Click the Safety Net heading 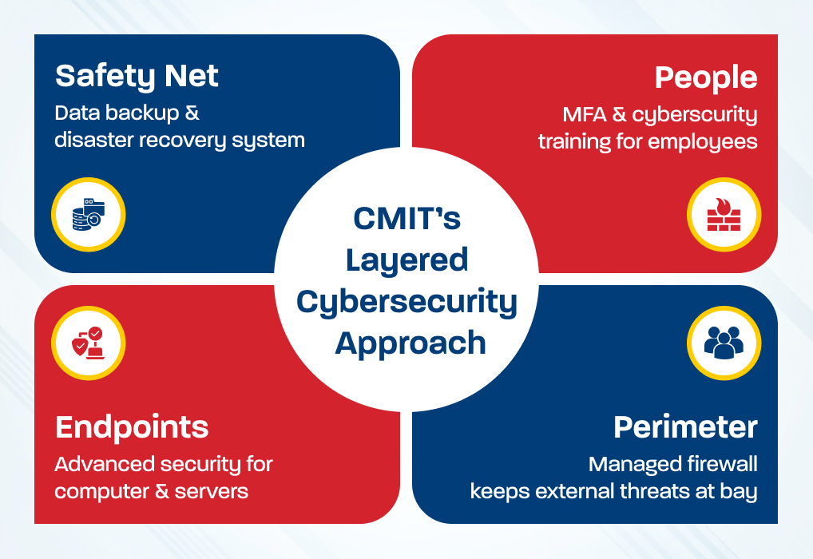pyautogui.click(x=137, y=77)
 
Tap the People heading pyautogui.click(x=705, y=77)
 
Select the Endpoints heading pyautogui.click(x=132, y=427)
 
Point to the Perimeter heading pyautogui.click(x=685, y=427)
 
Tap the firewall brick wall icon pyautogui.click(x=724, y=215)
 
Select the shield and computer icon pyautogui.click(x=88, y=343)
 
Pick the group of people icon pyautogui.click(x=724, y=343)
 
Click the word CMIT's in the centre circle pyautogui.click(x=407, y=217)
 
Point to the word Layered pyautogui.click(x=407, y=259)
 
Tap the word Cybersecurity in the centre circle pyautogui.click(x=407, y=301)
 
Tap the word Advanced pyautogui.click(x=103, y=464)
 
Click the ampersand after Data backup pyautogui.click(x=192, y=113)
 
